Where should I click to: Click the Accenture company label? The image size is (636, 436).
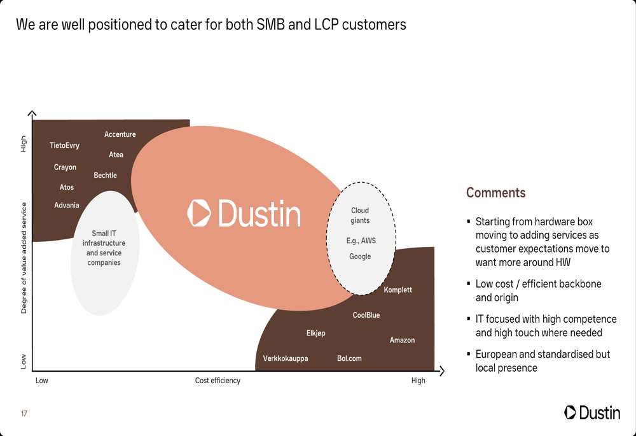coord(120,134)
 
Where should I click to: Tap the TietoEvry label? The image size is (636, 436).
coord(65,146)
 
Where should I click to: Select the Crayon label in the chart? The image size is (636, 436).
coord(65,167)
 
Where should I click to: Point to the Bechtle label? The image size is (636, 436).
coord(106,176)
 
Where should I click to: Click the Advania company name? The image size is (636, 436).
coord(67,206)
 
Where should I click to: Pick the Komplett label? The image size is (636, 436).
coord(398,290)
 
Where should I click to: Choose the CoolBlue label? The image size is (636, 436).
coord(366,316)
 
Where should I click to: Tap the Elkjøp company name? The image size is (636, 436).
coord(316,334)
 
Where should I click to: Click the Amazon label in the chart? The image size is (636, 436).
coord(402,341)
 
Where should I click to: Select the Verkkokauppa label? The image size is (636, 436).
coord(286,359)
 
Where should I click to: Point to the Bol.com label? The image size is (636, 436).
coord(349,359)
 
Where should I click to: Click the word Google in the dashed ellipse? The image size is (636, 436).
coord(360,257)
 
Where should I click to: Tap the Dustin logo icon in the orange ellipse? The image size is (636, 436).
coord(199,213)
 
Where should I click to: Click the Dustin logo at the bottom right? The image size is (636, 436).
coord(592,412)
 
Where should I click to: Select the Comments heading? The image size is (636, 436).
coord(496,193)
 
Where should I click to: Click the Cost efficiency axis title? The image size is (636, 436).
coord(218,381)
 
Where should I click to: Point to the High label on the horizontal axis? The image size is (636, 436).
coord(418,381)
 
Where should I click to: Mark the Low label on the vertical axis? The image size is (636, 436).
coord(24,362)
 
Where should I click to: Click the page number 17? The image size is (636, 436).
coord(24,414)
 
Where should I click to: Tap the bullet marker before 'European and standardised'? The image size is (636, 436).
coord(469,354)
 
